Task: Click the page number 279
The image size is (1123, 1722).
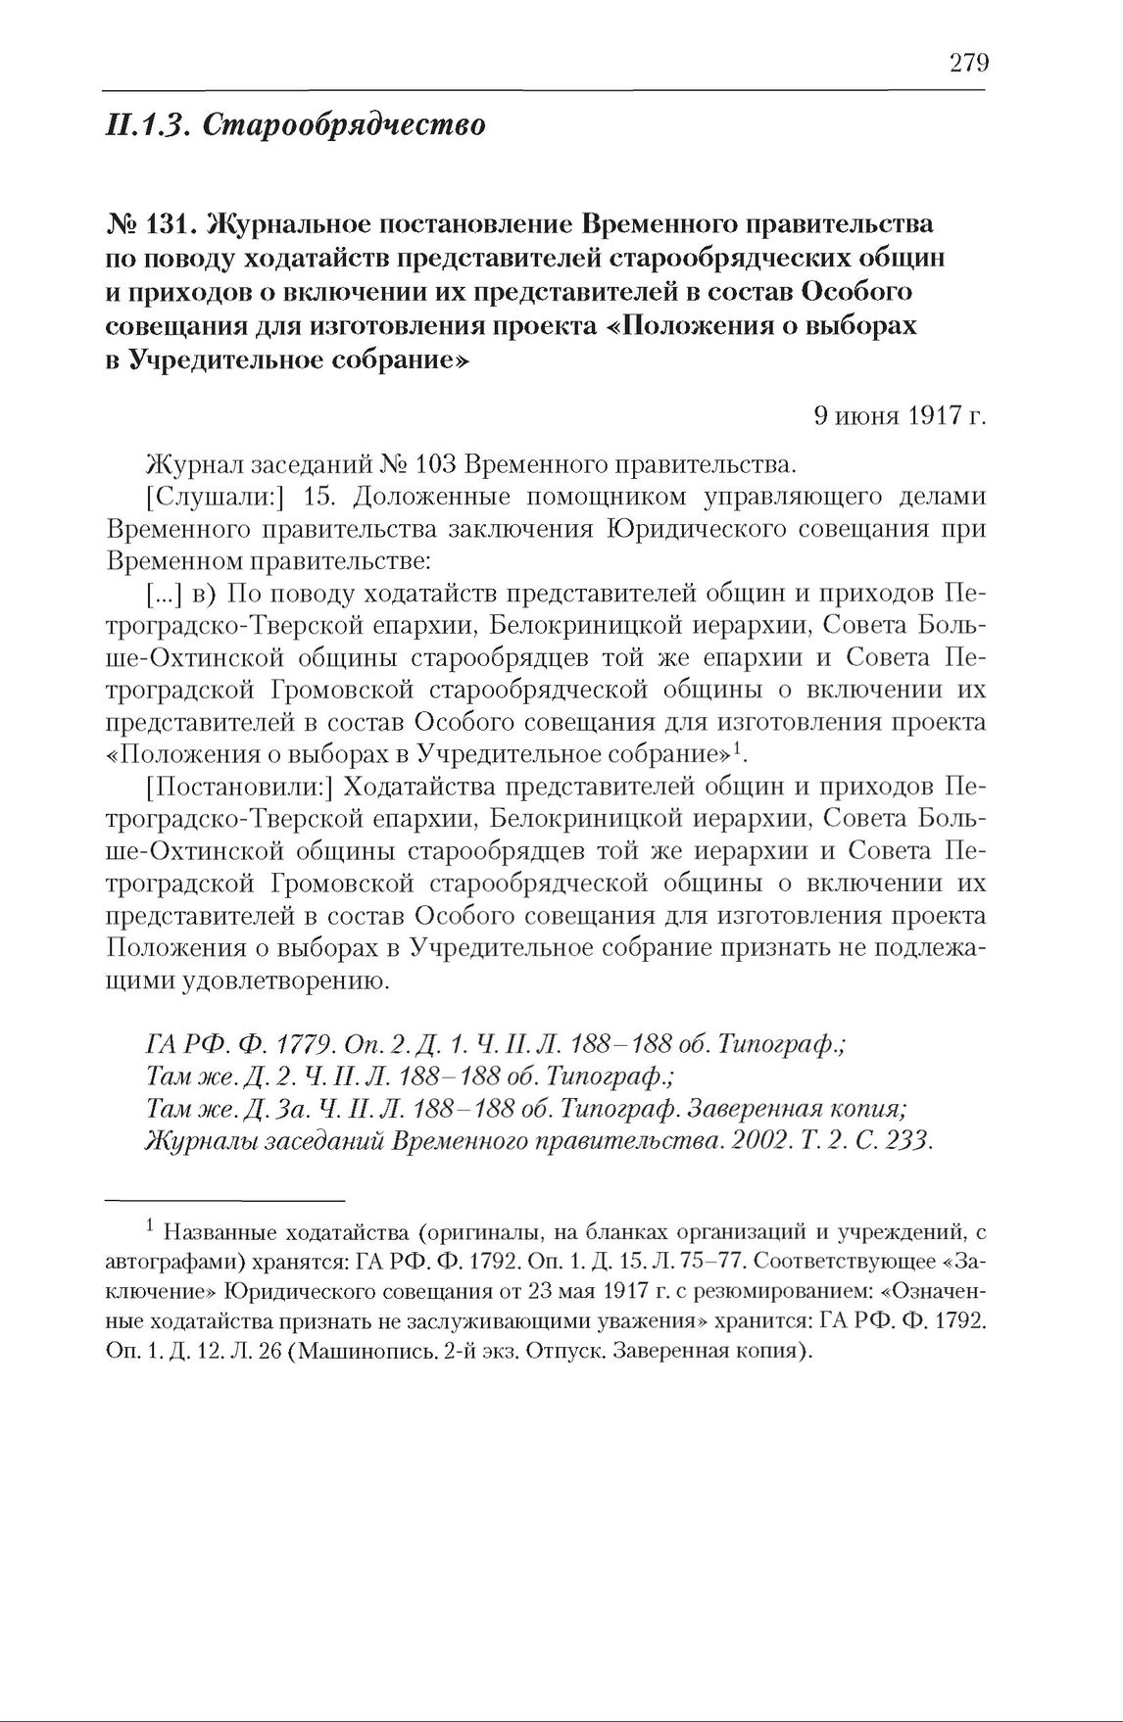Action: click(968, 64)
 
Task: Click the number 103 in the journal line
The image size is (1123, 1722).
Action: click(438, 463)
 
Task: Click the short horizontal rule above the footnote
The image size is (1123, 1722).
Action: click(225, 1199)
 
